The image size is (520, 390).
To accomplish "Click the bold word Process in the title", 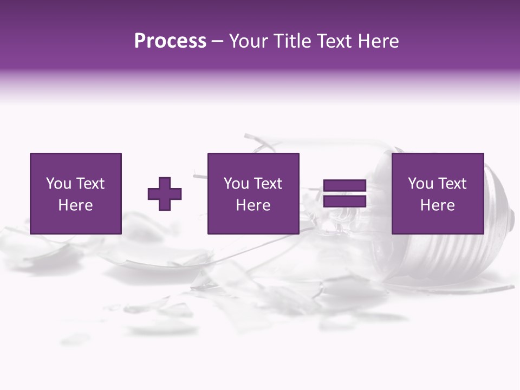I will point(170,41).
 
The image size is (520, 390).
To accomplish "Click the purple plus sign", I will point(165,194).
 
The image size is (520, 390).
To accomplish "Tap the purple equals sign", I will point(344,194).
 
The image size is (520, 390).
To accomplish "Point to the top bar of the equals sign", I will point(344,186).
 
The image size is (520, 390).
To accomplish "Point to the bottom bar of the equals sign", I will point(344,201).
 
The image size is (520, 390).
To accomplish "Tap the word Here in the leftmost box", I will point(75,205).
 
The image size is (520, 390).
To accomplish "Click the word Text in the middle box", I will point(268,184).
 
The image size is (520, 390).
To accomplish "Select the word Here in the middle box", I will point(253,205).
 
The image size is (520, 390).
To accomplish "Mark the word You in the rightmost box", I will point(420,184).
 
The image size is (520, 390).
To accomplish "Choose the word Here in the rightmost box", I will point(437,205).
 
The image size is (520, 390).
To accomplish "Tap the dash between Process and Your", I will point(218,42).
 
